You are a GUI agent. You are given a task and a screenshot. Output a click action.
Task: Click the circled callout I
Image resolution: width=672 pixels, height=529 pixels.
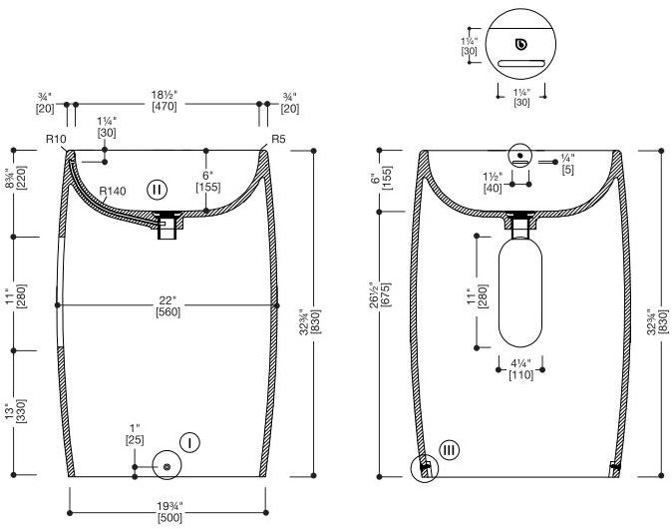tap(189, 442)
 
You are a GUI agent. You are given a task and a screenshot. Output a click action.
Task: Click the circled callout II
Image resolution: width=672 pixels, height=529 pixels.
tap(157, 190)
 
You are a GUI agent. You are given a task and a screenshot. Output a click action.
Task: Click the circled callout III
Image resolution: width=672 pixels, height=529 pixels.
tap(449, 450)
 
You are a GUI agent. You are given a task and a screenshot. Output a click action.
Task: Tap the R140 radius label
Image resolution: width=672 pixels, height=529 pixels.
tap(113, 191)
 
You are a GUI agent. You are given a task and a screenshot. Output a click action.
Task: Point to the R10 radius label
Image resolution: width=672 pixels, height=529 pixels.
tap(56, 139)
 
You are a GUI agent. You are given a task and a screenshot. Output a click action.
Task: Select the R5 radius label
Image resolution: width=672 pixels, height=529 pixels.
tap(278, 139)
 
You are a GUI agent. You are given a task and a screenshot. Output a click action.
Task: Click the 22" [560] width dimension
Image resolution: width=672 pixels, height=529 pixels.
tap(168, 305)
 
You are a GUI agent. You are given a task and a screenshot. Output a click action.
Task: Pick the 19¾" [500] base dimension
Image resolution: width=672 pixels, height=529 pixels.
tap(169, 512)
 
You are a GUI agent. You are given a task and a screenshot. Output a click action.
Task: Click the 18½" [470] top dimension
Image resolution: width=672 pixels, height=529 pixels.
tap(165, 101)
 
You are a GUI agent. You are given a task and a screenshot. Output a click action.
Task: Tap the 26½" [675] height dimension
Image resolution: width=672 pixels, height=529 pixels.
tap(380, 294)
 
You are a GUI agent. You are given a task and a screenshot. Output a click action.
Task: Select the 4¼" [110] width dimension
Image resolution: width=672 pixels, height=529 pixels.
tap(520, 369)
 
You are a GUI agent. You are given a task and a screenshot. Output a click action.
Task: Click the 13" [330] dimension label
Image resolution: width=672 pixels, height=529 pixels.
tap(16, 411)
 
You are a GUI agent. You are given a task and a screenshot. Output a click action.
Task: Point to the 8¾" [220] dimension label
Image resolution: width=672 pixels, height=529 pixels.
tap(16, 179)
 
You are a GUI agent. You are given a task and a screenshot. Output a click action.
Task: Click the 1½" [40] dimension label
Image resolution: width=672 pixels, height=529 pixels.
tap(493, 183)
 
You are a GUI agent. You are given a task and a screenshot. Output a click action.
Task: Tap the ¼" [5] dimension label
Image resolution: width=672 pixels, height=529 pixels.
tap(567, 164)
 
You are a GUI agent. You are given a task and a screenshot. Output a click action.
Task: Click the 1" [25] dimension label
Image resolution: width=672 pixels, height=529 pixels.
tap(135, 434)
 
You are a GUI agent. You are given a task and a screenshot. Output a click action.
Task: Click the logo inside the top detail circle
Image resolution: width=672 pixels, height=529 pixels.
tap(521, 44)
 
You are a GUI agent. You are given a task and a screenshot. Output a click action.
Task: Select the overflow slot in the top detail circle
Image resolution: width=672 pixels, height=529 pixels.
tap(521, 64)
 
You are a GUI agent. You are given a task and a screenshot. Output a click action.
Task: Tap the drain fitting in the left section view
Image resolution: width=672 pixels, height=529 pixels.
tap(168, 224)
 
